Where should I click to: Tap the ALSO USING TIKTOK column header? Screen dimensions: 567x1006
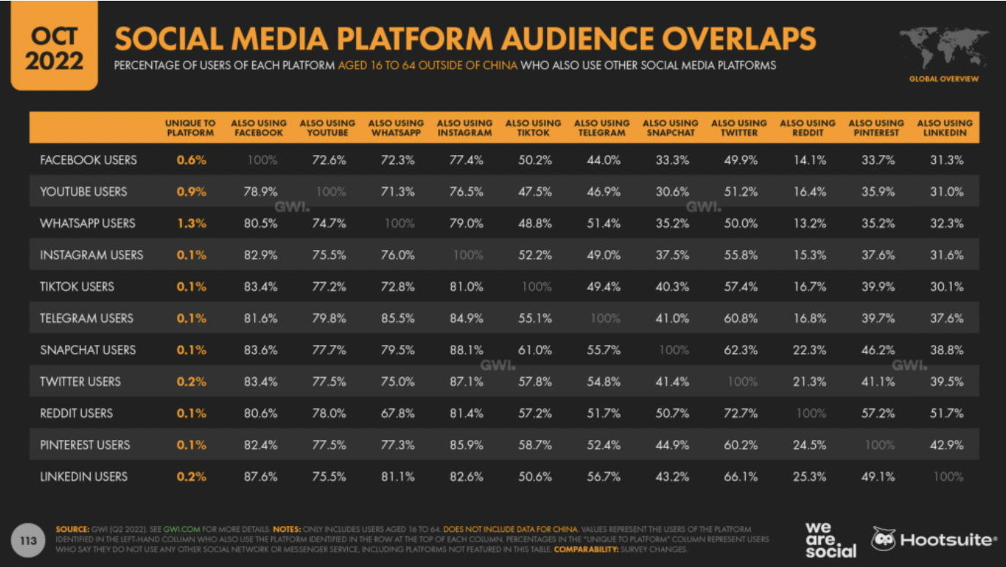click(x=533, y=128)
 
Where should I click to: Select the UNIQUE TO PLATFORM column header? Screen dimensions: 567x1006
click(x=190, y=128)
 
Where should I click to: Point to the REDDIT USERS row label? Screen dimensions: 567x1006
click(x=77, y=414)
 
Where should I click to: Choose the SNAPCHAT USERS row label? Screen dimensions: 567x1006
click(x=88, y=350)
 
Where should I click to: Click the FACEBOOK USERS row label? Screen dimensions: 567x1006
click(x=88, y=160)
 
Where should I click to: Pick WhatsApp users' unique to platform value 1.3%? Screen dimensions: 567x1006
click(x=191, y=224)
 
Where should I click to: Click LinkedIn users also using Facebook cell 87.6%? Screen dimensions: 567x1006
click(x=260, y=476)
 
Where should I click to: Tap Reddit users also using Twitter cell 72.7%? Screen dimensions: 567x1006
click(x=740, y=414)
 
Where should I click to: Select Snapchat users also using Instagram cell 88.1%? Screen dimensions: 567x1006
click(x=466, y=350)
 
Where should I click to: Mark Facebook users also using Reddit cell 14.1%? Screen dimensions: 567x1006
click(x=809, y=160)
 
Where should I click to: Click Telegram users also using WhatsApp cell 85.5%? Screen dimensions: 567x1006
click(x=398, y=319)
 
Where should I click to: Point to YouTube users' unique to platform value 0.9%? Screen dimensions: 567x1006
click(x=191, y=191)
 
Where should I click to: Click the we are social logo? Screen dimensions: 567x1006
click(x=830, y=539)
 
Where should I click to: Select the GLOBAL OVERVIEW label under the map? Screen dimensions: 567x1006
click(x=943, y=79)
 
